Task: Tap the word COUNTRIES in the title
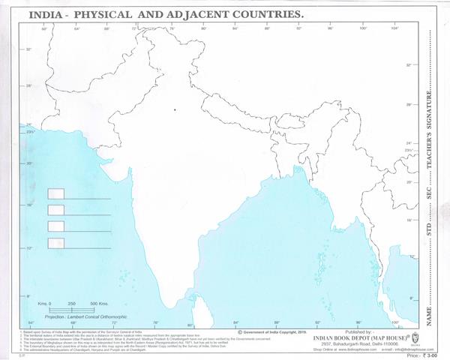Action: coord(265,14)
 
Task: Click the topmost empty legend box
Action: coord(56,193)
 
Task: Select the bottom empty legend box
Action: coord(56,242)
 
